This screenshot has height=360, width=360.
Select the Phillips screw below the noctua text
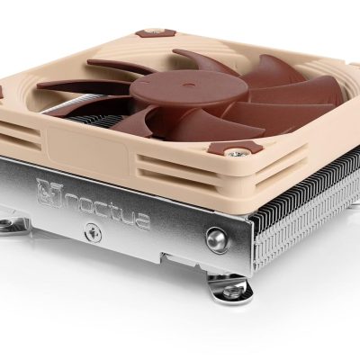click(91, 232)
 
